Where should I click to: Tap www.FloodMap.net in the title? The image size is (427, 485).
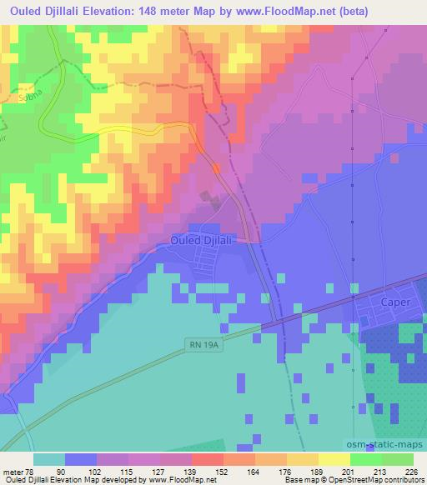(269, 11)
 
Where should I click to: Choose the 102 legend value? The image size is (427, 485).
(98, 471)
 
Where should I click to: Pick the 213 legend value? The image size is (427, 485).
(379, 471)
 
